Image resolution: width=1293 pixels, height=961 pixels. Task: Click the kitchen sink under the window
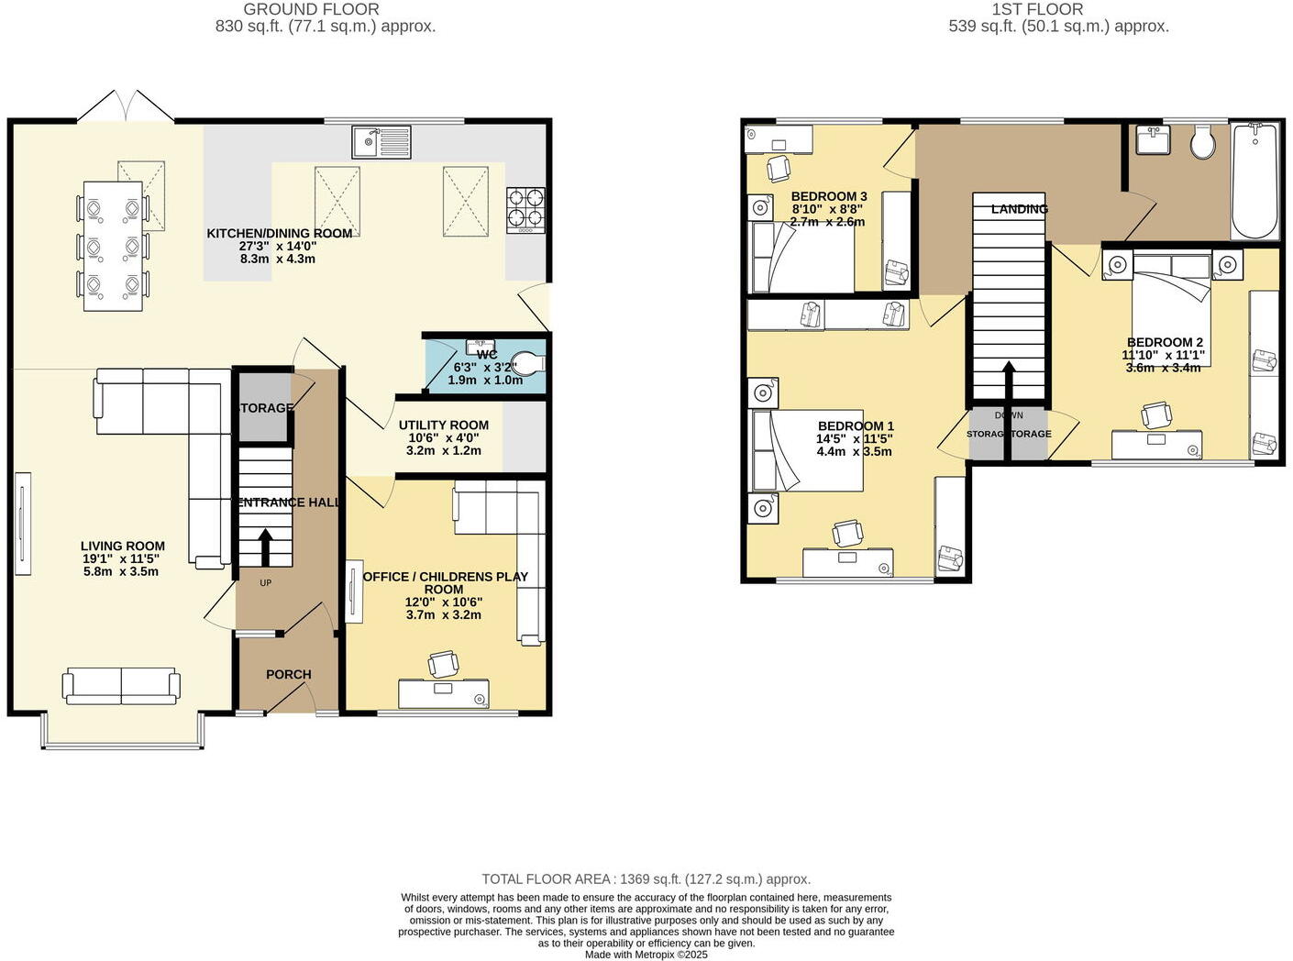pos(381,142)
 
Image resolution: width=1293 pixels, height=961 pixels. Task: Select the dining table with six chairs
pos(113,246)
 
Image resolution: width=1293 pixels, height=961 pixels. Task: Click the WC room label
pos(486,355)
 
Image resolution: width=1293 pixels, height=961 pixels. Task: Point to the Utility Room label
pos(443,425)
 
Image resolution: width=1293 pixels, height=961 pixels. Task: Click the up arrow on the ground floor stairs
pos(266,547)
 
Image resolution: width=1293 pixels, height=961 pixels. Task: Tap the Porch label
pos(289,674)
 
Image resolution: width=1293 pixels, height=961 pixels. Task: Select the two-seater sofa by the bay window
pos(121,686)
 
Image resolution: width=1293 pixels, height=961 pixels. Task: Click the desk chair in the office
pos(444,663)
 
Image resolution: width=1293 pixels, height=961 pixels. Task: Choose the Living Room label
pos(122,546)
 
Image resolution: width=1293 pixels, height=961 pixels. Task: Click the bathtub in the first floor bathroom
pos(1254,182)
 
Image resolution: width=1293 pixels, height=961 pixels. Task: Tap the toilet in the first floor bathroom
pos(1202,142)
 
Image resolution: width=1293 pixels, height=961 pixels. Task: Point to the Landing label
pos(1019,209)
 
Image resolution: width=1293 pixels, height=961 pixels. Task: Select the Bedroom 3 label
pos(828,196)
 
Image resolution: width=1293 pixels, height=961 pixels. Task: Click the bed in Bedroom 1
pos(807,450)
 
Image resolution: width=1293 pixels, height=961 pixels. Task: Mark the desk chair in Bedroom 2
pos(1155,414)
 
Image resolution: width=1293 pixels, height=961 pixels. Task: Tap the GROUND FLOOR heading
pos(311,9)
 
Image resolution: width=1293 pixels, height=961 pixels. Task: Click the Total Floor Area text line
pos(646,878)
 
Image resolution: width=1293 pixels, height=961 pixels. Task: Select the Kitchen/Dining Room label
pos(279,234)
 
